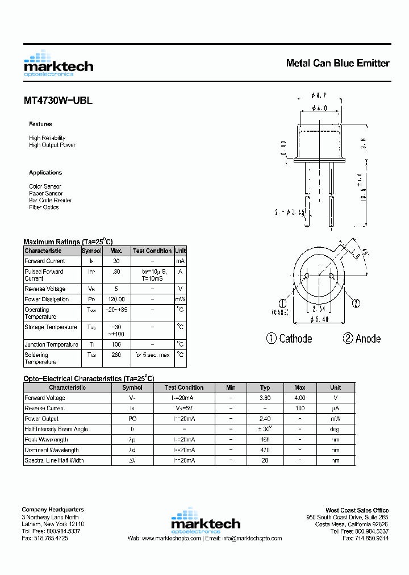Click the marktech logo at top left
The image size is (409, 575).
click(x=59, y=64)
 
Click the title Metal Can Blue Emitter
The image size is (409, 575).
click(x=337, y=63)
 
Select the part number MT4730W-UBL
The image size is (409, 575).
click(x=58, y=101)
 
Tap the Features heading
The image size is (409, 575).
click(x=40, y=124)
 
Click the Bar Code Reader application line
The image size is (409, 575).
click(x=51, y=201)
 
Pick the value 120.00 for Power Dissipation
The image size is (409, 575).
click(x=116, y=299)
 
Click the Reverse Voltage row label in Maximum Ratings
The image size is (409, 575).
click(x=45, y=289)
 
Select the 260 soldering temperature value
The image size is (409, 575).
click(x=116, y=355)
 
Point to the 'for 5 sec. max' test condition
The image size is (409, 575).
click(x=152, y=355)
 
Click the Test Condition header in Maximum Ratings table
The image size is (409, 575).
click(x=152, y=251)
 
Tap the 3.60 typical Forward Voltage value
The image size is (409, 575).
click(x=265, y=398)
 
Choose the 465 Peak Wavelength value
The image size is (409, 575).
click(x=265, y=440)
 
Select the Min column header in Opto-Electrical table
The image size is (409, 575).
click(x=231, y=388)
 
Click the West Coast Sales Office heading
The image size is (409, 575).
click(x=357, y=510)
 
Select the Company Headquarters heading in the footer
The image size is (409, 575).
click(x=53, y=510)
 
